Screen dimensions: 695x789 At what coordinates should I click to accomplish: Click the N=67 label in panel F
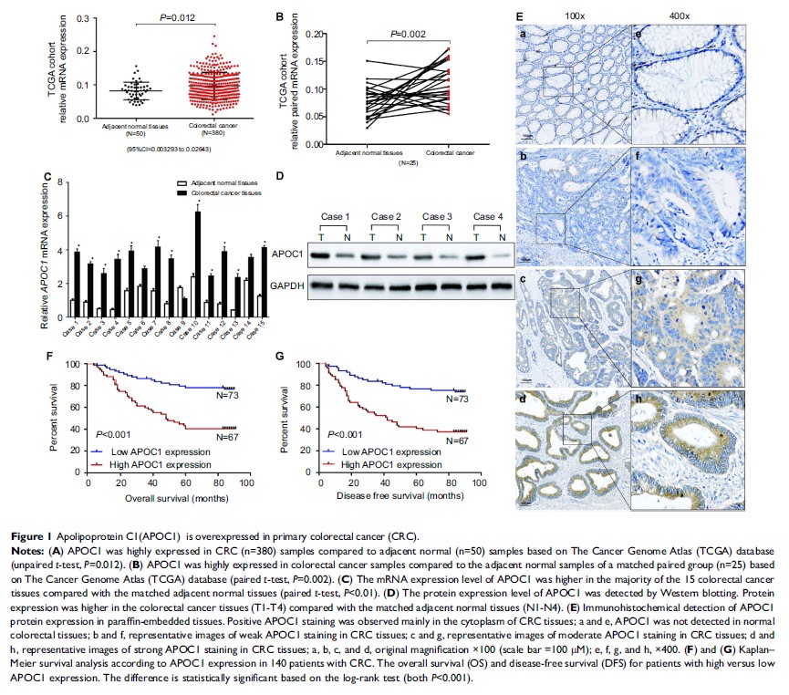(228, 437)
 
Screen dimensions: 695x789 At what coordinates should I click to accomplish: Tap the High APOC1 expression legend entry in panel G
(383, 465)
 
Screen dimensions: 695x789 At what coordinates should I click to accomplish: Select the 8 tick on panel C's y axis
(60, 182)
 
